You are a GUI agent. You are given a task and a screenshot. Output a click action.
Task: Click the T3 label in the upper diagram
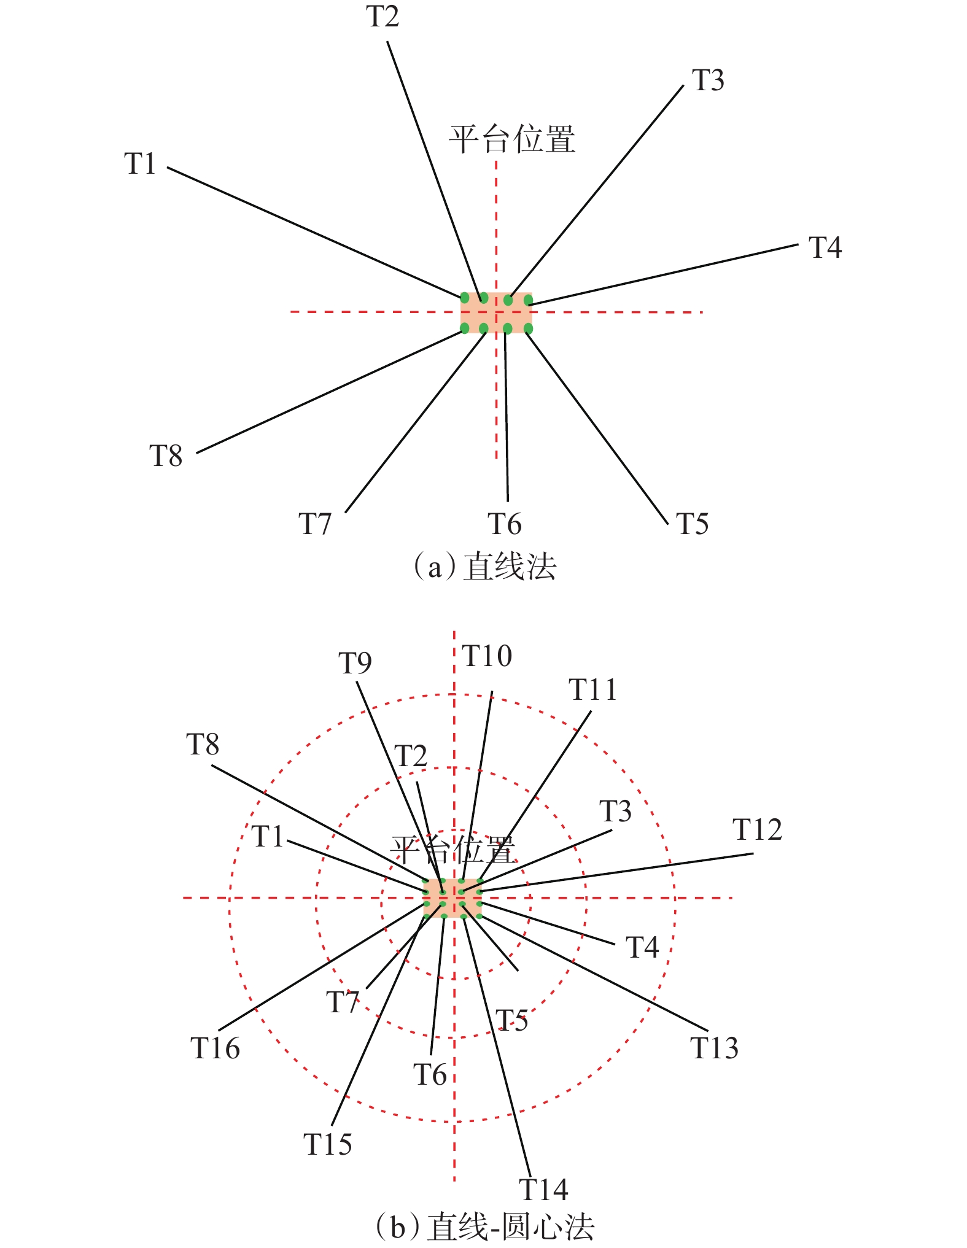[x=708, y=80]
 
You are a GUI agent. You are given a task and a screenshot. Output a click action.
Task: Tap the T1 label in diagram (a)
[x=140, y=164]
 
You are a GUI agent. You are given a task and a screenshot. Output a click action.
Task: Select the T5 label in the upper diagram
[x=692, y=524]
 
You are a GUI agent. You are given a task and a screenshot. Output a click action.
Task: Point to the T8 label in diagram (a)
[x=166, y=456]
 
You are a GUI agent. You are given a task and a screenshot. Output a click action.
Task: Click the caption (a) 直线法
[x=485, y=567]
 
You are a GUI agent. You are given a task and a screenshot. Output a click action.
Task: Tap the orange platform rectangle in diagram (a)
[x=496, y=312]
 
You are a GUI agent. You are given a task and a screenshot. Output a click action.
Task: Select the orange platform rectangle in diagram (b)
[x=452, y=898]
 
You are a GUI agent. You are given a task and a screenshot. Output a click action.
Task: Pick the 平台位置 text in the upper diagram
[x=512, y=139]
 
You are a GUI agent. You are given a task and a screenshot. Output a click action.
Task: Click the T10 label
[x=487, y=656]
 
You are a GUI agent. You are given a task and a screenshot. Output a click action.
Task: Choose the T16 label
[x=215, y=1048]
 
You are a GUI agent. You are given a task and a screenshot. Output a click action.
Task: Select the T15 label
[x=328, y=1144]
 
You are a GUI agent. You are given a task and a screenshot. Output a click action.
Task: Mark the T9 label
[x=355, y=663]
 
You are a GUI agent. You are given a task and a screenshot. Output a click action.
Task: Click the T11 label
[x=592, y=690]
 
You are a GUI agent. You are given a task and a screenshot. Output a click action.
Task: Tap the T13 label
[x=714, y=1048]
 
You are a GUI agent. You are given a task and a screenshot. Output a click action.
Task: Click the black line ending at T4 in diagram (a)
[x=663, y=274]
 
